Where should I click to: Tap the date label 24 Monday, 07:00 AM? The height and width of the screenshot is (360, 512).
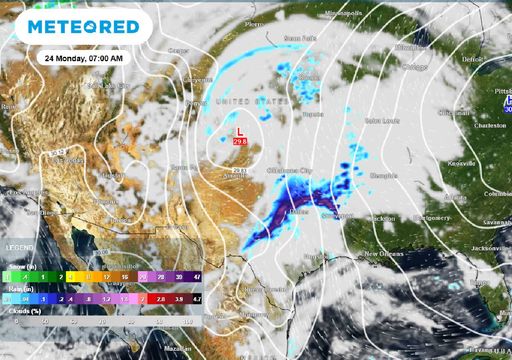pos(84,59)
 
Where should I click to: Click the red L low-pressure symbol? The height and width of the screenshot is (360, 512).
pos(238,132)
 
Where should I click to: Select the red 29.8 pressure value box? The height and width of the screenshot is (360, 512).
pos(240,142)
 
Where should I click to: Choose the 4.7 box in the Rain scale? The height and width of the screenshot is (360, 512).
pos(197,298)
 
